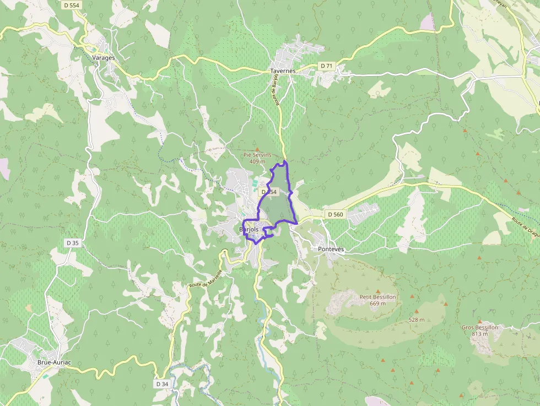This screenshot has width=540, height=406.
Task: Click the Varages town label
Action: pyautogui.click(x=103, y=57)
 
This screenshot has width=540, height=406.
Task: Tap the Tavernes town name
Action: pyautogui.click(x=283, y=71)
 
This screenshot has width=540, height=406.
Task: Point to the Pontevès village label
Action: pyautogui.click(x=331, y=249)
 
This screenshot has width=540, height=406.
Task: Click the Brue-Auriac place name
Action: pyautogui.click(x=54, y=362)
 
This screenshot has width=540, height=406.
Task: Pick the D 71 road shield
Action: pyautogui.click(x=327, y=66)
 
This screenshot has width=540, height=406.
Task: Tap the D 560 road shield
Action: pyautogui.click(x=335, y=214)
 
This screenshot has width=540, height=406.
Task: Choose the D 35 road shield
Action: pyautogui.click(x=72, y=243)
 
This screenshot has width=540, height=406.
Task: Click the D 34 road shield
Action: pyautogui.click(x=162, y=383)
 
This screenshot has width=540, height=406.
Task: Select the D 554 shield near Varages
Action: pyautogui.click(x=72, y=5)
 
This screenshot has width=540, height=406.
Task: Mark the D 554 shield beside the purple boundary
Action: pyautogui.click(x=268, y=192)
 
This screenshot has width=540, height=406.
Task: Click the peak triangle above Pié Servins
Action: pyautogui.click(x=257, y=149)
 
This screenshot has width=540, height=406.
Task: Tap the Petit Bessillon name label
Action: pyautogui.click(x=377, y=297)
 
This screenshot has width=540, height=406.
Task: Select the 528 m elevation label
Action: pyautogui.click(x=417, y=320)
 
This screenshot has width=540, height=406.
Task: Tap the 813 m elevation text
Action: pyautogui.click(x=480, y=333)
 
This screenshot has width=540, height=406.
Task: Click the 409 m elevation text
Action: pyautogui.click(x=257, y=161)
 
